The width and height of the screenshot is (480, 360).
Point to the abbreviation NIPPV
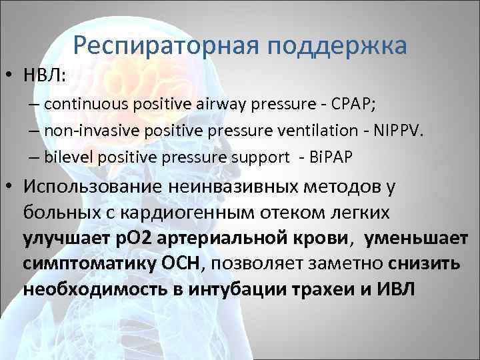click(399, 131)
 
